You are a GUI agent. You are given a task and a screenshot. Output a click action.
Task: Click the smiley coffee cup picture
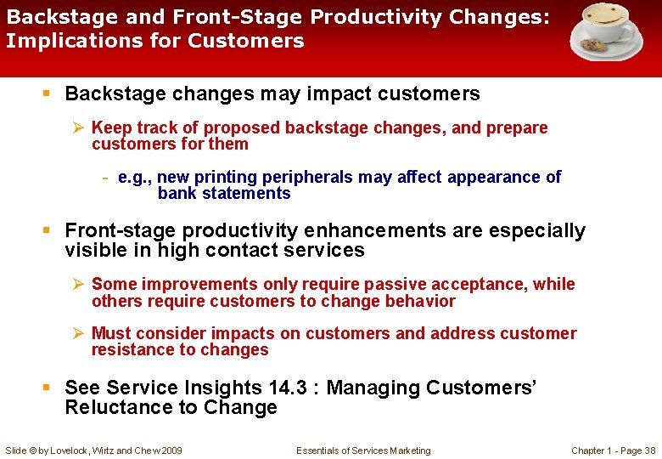pyautogui.click(x=605, y=32)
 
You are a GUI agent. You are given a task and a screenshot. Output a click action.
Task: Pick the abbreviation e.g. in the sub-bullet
pyautogui.click(x=136, y=177)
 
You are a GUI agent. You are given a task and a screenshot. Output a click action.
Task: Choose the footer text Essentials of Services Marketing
pyautogui.click(x=363, y=450)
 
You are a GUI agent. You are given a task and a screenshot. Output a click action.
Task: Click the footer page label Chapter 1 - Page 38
pyautogui.click(x=613, y=450)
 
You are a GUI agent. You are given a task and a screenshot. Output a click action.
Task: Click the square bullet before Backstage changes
pyautogui.click(x=50, y=94)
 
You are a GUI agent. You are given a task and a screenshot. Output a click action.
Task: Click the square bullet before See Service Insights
pyautogui.click(x=50, y=388)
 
